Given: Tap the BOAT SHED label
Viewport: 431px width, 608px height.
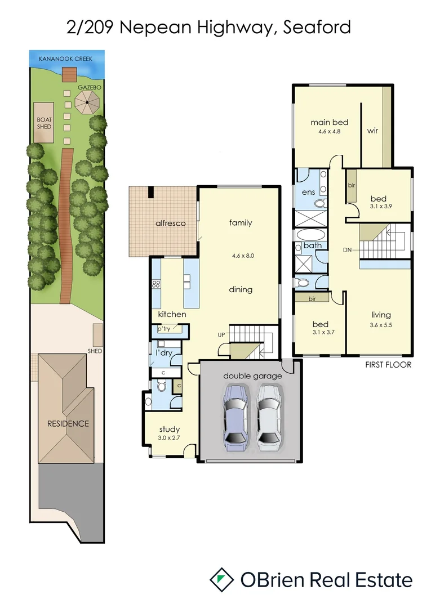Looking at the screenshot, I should (44, 123).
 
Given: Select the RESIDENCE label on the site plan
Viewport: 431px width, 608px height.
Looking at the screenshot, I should (68, 423).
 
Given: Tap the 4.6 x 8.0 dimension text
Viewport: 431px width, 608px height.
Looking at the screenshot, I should (243, 255).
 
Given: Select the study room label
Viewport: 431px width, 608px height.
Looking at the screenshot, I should (169, 429).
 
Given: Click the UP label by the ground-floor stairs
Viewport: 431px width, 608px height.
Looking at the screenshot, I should (222, 334).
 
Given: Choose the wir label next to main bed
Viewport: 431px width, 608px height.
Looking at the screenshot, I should (372, 131).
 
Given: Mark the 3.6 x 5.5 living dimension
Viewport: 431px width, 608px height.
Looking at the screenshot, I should (381, 325).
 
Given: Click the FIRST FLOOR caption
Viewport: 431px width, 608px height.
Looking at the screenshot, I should (389, 365).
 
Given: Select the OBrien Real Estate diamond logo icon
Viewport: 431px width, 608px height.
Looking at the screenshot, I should (221, 579).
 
